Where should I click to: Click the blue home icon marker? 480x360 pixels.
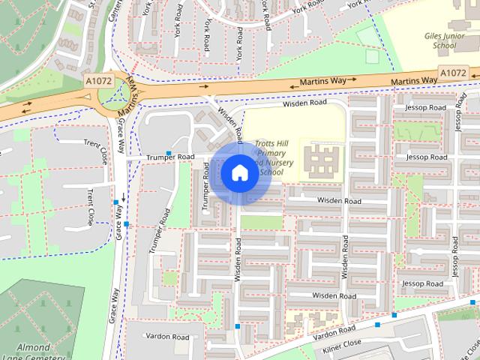point(239,172)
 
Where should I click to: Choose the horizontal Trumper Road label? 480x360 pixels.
point(170,157)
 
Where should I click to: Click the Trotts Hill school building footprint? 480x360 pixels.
point(321,160)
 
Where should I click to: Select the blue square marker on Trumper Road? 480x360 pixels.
point(169,153)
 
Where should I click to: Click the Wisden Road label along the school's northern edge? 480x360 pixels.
point(305,103)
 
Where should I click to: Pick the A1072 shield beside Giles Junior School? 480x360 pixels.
point(453,73)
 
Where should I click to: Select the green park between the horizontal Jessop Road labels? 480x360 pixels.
point(418,133)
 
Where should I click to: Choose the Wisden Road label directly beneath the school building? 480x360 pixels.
point(339,201)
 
